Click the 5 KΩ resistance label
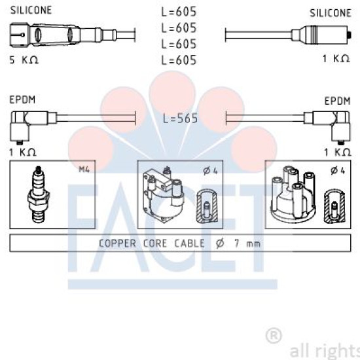[24, 60]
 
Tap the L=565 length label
[180, 118]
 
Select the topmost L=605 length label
[179, 12]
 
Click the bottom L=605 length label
[179, 60]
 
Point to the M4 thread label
[84, 170]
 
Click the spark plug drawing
[39, 194]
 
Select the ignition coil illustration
[163, 194]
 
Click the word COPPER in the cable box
[117, 243]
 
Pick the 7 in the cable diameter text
[237, 243]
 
